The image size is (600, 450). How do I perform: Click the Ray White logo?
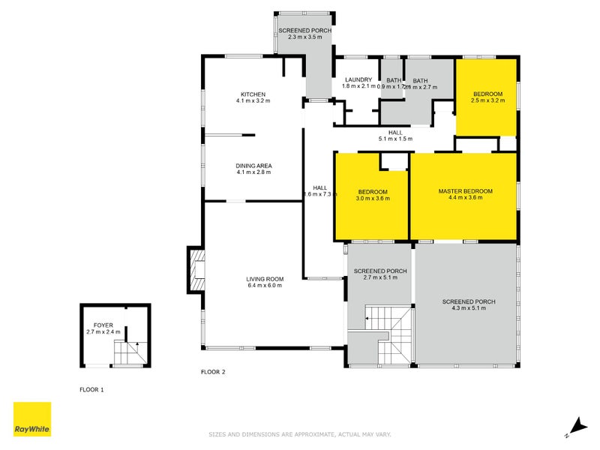32,419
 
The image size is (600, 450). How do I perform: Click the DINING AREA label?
253,166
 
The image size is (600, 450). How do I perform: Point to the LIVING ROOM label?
263,279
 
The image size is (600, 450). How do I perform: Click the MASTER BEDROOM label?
465,191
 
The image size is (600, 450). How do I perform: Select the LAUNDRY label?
358,79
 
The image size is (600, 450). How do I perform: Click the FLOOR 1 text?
92,390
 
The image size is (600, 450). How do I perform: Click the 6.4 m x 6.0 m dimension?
263,286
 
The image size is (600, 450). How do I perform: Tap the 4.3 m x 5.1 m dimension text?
469,308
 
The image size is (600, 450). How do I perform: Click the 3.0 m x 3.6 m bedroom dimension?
372,199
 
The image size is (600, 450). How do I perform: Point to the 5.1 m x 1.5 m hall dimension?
395,139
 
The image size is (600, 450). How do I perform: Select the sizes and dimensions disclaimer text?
299,434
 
